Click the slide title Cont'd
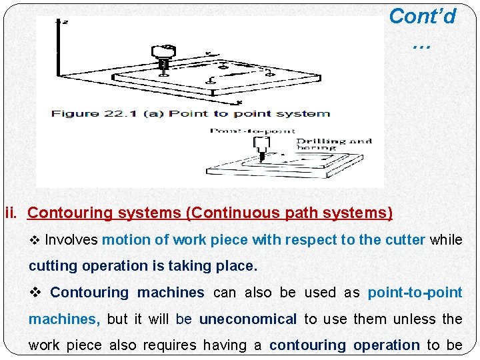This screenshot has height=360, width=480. (x=422, y=16)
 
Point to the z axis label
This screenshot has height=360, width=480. (x=64, y=22)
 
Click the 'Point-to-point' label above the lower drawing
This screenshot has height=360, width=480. (x=253, y=131)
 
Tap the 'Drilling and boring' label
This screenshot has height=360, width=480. (x=333, y=144)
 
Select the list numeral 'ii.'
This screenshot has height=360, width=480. (x=13, y=213)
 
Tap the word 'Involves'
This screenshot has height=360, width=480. (x=71, y=240)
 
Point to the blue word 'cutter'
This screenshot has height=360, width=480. (x=402, y=240)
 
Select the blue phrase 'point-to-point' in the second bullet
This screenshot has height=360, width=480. (x=415, y=293)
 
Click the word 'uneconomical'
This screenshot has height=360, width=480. (x=248, y=319)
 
